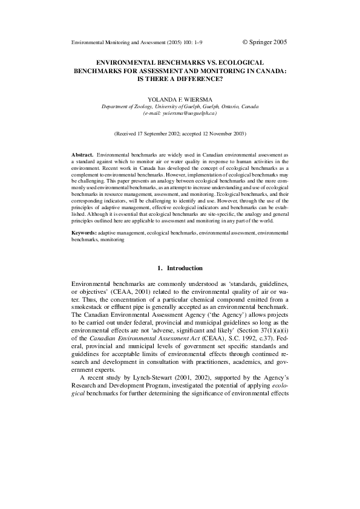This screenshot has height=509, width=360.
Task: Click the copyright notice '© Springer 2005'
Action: (264, 42)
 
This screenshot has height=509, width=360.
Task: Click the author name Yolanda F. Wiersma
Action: (180, 98)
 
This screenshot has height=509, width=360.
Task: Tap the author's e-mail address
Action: (180, 113)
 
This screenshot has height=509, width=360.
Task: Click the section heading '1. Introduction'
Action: (180, 268)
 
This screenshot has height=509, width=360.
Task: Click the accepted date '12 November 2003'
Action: (218, 132)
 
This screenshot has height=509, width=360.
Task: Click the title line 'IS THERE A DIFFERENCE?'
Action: (180, 79)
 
